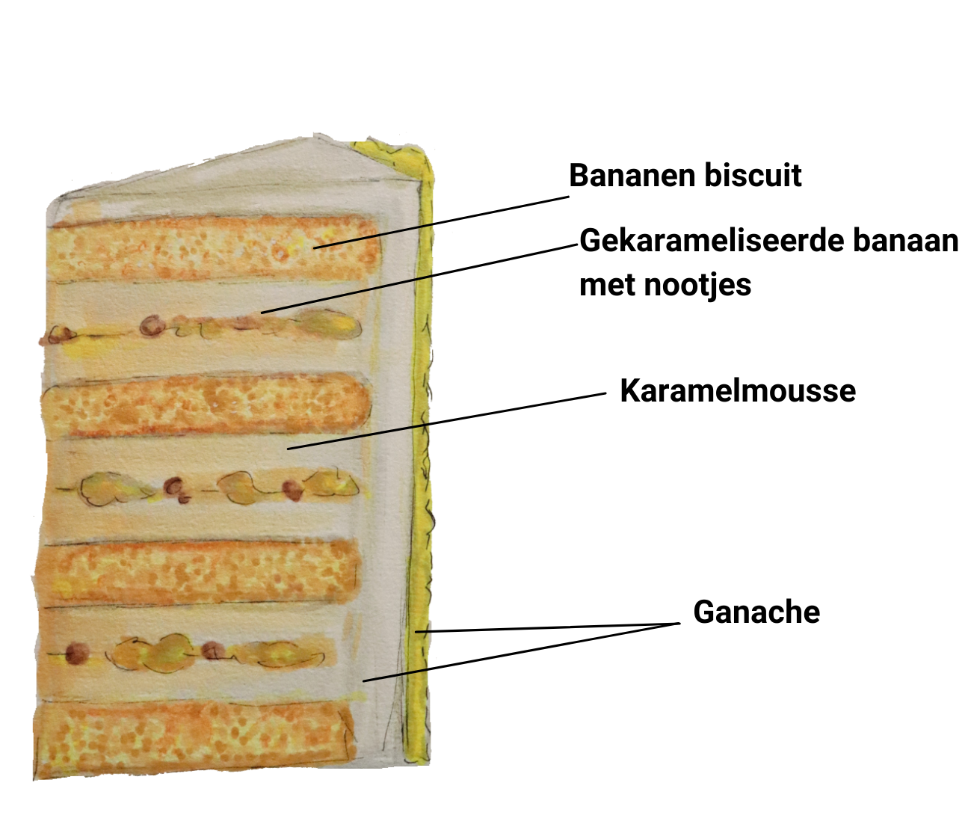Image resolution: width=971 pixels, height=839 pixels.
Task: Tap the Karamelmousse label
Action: pyautogui.click(x=738, y=391)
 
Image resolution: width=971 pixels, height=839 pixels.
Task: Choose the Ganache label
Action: pyautogui.click(x=756, y=612)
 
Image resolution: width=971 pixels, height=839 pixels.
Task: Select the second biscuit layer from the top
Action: pyautogui.click(x=206, y=408)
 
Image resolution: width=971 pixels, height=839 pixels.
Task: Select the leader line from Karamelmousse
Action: pyautogui.click(x=448, y=421)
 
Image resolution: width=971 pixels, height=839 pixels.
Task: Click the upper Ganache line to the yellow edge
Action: pyautogui.click(x=546, y=627)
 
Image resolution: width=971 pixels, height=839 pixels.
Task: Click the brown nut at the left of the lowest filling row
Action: pyautogui.click(x=75, y=653)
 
